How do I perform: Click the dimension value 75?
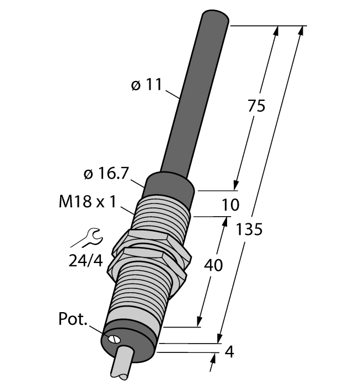[255, 105]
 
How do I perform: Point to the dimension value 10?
[230, 205]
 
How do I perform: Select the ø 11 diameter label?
[146, 85]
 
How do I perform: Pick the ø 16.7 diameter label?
[106, 174]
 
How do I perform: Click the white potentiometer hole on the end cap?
[115, 339]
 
